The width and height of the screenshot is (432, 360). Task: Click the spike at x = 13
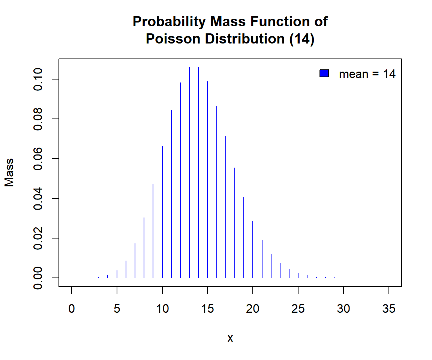click(189, 172)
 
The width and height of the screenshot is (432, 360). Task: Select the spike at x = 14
click(198, 172)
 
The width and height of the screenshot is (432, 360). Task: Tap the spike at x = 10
click(162, 212)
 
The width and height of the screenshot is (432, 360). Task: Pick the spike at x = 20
click(253, 249)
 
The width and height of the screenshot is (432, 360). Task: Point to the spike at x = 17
click(226, 207)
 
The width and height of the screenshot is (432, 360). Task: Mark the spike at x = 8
click(144, 247)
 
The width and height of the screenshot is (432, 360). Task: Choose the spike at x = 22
click(271, 266)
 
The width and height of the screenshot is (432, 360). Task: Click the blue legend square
click(324, 74)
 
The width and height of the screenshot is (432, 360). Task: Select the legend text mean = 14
click(367, 74)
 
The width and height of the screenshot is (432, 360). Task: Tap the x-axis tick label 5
click(117, 309)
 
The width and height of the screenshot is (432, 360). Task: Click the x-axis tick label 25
click(298, 309)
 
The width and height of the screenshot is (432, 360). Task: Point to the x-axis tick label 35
click(389, 309)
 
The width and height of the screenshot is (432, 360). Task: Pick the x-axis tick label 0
click(72, 309)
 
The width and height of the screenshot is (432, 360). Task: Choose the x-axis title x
click(230, 338)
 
